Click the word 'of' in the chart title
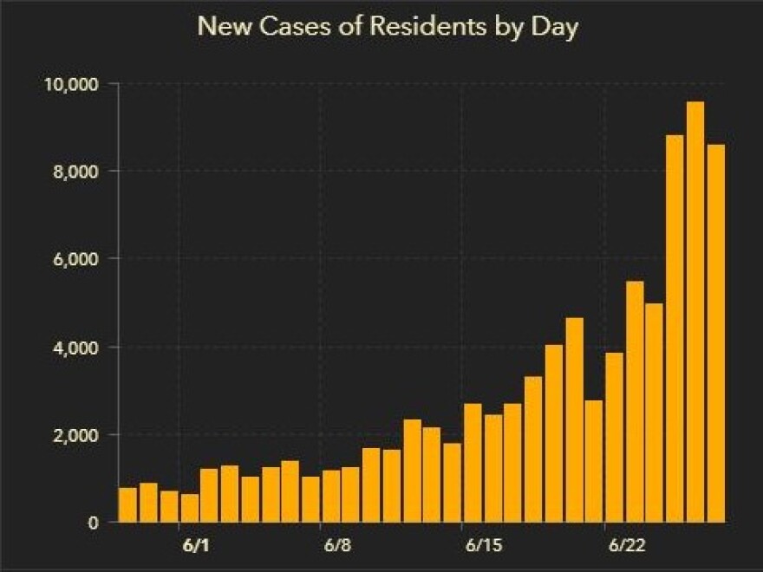click(x=356, y=27)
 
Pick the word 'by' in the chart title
click(x=508, y=27)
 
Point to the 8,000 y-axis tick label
click(x=74, y=172)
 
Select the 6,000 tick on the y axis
click(x=74, y=259)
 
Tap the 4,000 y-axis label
click(x=74, y=348)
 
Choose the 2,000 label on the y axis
click(x=74, y=435)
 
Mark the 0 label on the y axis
click(x=91, y=523)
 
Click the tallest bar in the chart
click(x=695, y=312)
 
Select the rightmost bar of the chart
click(x=715, y=334)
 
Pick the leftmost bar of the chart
click(x=127, y=505)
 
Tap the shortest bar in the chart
click(x=189, y=508)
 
